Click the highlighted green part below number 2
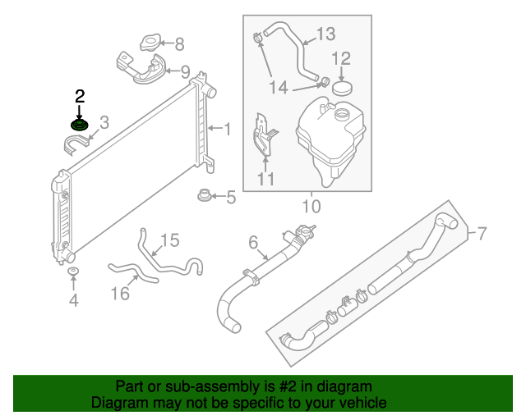(x=80, y=125)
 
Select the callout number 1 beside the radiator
(x=228, y=129)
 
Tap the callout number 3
(x=104, y=123)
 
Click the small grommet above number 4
(x=73, y=272)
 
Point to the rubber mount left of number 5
(x=203, y=196)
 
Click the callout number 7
(x=482, y=235)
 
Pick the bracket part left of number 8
(x=150, y=43)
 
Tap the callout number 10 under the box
(x=311, y=205)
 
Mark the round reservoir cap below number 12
(x=340, y=87)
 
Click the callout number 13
(x=325, y=34)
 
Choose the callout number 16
(x=120, y=294)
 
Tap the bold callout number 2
(x=80, y=96)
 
